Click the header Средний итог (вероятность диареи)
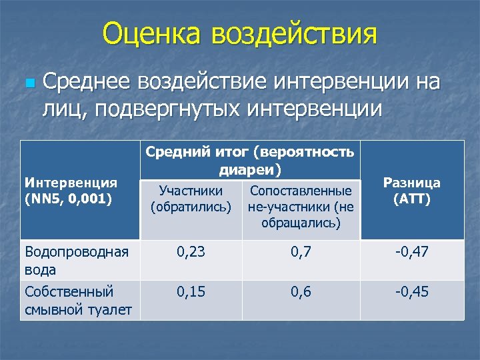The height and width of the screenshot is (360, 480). (x=249, y=161)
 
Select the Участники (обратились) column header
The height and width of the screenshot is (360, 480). (x=191, y=199)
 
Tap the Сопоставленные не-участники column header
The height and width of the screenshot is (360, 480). (x=301, y=207)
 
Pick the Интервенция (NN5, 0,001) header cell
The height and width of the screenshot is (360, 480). (x=71, y=190)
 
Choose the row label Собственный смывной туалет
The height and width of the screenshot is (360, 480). (x=77, y=300)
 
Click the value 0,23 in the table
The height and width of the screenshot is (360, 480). (x=191, y=252)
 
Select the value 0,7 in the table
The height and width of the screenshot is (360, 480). (x=301, y=252)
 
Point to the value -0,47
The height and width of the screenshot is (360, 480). (x=412, y=252)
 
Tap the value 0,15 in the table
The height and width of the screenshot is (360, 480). (x=191, y=292)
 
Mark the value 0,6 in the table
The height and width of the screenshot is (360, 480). (x=301, y=292)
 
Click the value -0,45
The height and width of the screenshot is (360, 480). (x=412, y=292)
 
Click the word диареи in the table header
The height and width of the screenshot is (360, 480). (x=249, y=170)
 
